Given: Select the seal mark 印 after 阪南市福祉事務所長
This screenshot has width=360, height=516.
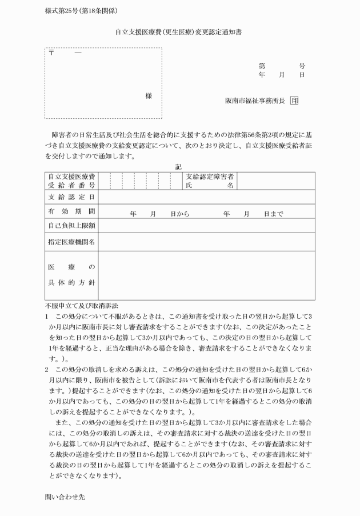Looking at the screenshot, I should click(294, 101).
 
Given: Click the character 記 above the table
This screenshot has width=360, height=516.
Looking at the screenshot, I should click(179, 166).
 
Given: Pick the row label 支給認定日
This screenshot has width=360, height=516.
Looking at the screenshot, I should click(71, 197).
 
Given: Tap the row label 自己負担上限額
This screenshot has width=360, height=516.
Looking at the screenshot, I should click(71, 226).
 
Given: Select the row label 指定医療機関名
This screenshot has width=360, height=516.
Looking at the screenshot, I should click(71, 242).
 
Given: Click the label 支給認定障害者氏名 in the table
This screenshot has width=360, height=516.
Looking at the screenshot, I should click(210, 181).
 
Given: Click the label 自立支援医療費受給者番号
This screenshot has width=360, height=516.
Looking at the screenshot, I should click(71, 181).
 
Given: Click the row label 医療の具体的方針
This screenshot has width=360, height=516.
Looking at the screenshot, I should click(71, 275).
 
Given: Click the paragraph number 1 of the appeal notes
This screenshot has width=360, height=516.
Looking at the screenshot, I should click(47, 316).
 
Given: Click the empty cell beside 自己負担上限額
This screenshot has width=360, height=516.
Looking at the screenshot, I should click(206, 226).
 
